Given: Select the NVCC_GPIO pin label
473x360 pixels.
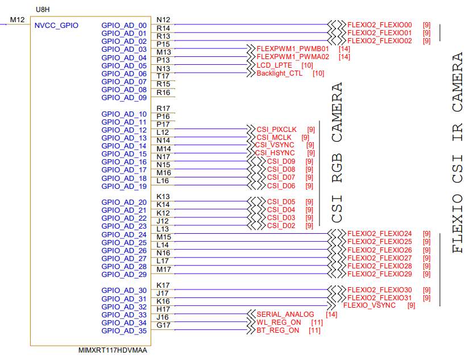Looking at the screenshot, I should click(x=56, y=25).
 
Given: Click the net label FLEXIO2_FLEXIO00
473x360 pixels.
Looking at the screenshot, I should click(x=379, y=25).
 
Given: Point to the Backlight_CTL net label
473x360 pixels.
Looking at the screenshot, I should click(x=279, y=73).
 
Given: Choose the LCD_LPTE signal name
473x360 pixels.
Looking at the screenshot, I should click(x=274, y=65).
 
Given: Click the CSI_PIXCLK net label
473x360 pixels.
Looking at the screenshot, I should click(x=276, y=130).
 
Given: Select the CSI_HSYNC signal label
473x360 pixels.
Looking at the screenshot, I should click(x=275, y=153).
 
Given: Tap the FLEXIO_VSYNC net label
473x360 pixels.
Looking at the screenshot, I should click(x=369, y=305).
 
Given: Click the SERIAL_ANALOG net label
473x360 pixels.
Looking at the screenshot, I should click(x=285, y=315).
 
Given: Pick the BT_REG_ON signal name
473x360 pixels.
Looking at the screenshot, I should click(x=277, y=330).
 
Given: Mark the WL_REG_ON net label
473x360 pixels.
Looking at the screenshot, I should click(x=279, y=322).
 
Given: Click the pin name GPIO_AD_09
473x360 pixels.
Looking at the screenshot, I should click(x=124, y=97).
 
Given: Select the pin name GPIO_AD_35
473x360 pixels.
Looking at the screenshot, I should click(x=124, y=330).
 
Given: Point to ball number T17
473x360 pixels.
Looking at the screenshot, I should click(x=163, y=76).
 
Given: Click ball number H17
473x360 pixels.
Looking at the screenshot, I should click(x=163, y=309).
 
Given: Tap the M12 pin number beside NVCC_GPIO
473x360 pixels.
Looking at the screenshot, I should click(x=18, y=20).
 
